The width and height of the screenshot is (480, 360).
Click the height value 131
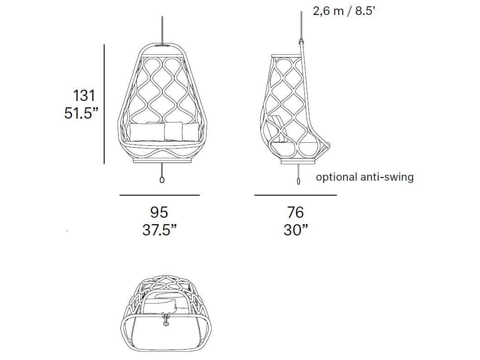tap(84, 96)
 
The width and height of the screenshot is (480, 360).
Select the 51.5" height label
tap(81, 113)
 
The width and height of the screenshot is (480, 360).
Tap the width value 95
tap(159, 212)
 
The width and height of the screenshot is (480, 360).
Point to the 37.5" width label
tap(159, 230)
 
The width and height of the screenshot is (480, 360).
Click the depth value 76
tap(295, 212)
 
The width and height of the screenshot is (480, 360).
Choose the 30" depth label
tap(295, 230)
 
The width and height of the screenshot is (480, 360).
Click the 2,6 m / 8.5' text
tap(344, 11)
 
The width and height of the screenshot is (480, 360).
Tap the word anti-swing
tap(387, 177)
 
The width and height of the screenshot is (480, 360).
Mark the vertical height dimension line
tap(104, 104)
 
